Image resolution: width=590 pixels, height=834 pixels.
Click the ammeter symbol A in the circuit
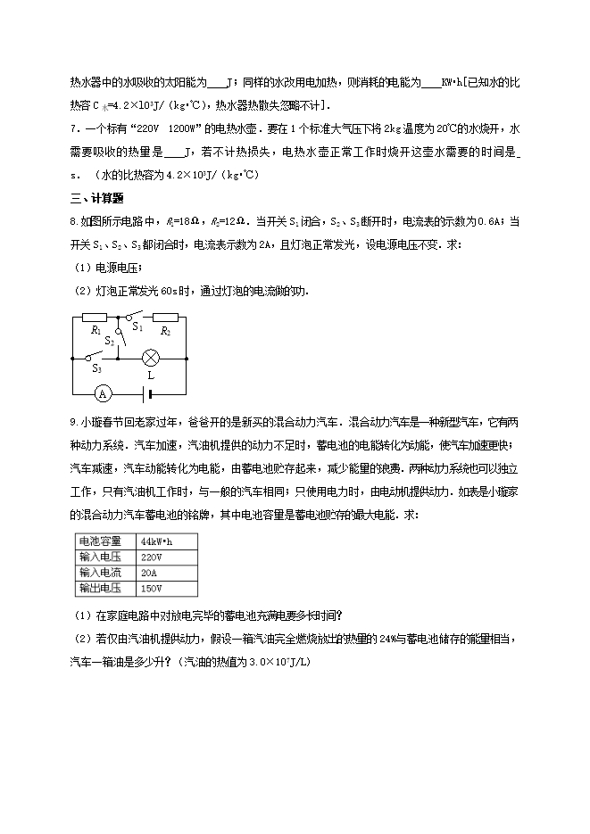(102, 393)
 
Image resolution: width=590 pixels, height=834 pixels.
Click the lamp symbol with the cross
(152, 359)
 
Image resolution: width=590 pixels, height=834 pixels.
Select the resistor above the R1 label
(94, 316)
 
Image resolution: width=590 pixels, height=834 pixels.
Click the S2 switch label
(110, 340)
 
